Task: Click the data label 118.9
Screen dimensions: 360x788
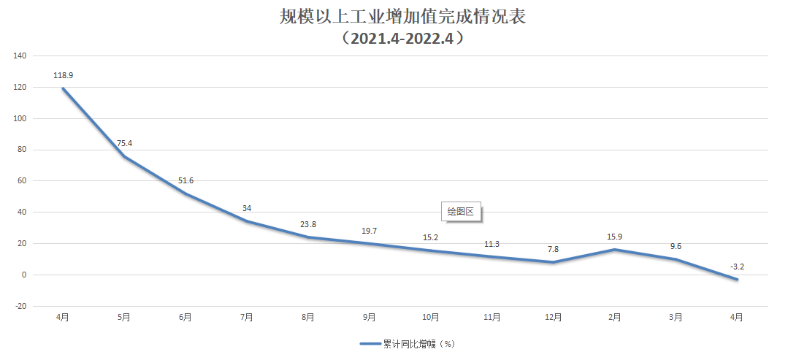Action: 63,75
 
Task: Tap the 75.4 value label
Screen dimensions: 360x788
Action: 124,143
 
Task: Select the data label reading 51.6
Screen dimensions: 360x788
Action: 185,180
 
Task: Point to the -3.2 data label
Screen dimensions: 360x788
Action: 737,267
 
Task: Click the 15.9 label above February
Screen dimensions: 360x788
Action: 614,237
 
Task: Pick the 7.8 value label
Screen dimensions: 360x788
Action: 553,249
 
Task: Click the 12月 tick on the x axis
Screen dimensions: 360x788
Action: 553,317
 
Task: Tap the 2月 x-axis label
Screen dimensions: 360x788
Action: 614,317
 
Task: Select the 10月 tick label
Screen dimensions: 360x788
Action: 431,317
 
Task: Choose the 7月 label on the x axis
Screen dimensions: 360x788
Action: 247,317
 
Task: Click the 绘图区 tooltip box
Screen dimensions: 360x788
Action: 461,212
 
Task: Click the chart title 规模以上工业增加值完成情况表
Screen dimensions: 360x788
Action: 402,17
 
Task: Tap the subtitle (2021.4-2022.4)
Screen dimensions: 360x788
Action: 402,39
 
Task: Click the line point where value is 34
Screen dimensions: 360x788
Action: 247,221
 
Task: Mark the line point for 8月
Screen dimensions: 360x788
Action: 308,237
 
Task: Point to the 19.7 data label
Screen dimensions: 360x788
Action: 370,231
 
